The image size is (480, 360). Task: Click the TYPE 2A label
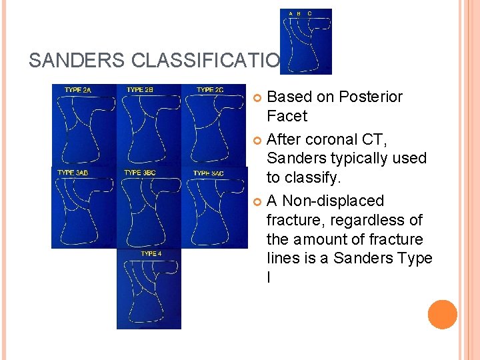pyautogui.click(x=79, y=89)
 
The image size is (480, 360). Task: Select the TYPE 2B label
pyautogui.click(x=140, y=89)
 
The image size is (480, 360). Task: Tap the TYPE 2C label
pyautogui.click(x=210, y=89)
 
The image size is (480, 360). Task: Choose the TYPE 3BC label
pyautogui.click(x=141, y=173)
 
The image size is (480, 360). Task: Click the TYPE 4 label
pyautogui.click(x=151, y=253)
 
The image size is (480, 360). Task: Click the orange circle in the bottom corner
pyautogui.click(x=443, y=315)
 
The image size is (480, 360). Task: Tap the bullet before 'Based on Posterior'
pyautogui.click(x=259, y=97)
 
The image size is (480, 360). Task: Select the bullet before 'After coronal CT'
pyautogui.click(x=259, y=140)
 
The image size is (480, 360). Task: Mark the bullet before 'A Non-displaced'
pyautogui.click(x=259, y=201)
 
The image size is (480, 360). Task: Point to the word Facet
pyautogui.click(x=287, y=116)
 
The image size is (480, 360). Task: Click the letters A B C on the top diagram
pyautogui.click(x=299, y=13)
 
